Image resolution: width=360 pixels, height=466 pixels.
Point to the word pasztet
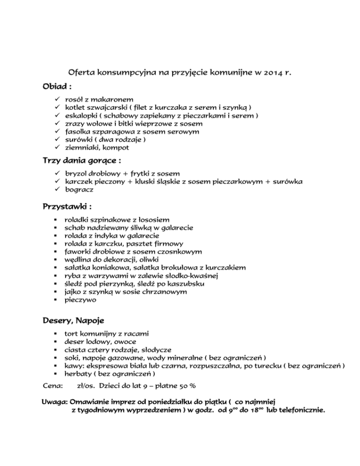143,243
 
